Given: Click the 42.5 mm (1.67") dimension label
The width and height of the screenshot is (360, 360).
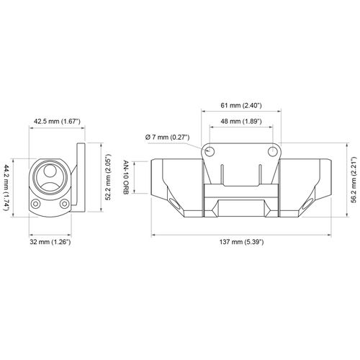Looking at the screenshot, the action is coord(57,121).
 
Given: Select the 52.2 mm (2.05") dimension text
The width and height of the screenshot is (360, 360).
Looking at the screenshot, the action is coord(108,177).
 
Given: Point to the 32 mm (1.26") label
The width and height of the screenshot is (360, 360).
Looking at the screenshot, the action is coord(50,242).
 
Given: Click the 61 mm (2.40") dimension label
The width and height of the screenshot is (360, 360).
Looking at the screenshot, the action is coord(241,105).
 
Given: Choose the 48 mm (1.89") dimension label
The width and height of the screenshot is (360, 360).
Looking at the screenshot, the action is coord(241,121).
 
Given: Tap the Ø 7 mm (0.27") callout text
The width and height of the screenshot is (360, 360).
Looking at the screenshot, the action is coord(168,138).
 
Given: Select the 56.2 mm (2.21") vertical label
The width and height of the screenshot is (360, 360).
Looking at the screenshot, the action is coord(355,180).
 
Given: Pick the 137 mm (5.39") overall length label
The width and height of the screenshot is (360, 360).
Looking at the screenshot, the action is coord(241,242).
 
